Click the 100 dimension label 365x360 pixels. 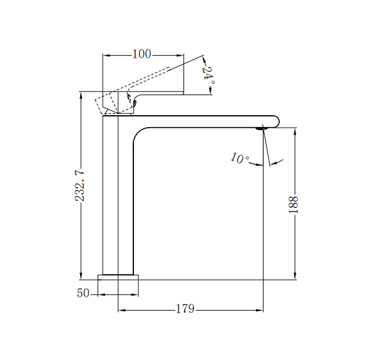click(142, 54)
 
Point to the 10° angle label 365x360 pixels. click(239, 158)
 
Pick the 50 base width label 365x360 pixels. click(83, 293)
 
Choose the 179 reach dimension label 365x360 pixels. click(185, 309)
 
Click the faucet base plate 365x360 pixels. click(118, 277)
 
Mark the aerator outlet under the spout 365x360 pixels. click(261, 128)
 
